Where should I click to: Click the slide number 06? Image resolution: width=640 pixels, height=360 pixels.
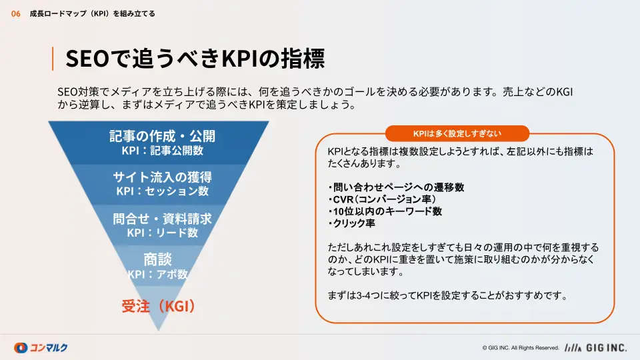pyautogui.click(x=15, y=14)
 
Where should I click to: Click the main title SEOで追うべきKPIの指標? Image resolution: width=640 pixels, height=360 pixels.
pyautogui.click(x=195, y=59)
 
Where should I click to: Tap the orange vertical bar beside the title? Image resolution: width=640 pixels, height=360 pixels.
pyautogui.click(x=53, y=59)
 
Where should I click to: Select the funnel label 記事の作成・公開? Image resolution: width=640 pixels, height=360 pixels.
pyautogui.click(x=162, y=136)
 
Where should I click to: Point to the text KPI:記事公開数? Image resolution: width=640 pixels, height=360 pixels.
pyautogui.click(x=163, y=151)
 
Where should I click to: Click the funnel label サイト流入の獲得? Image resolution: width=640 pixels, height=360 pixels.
pyautogui.click(x=163, y=177)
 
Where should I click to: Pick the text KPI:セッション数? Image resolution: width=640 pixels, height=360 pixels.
pyautogui.click(x=163, y=191)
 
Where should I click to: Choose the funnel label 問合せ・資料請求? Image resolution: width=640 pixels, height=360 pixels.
pyautogui.click(x=163, y=219)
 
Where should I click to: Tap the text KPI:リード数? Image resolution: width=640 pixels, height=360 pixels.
pyautogui.click(x=163, y=233)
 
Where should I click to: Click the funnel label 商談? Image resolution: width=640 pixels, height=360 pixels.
pyautogui.click(x=157, y=259)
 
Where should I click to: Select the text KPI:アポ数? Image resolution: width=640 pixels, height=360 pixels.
pyautogui.click(x=157, y=274)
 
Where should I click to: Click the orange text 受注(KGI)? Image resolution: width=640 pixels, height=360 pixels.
pyautogui.click(x=159, y=306)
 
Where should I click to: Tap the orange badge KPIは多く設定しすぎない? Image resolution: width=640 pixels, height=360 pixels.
pyautogui.click(x=457, y=133)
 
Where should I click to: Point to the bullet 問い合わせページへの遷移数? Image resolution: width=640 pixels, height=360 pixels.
pyautogui.click(x=396, y=187)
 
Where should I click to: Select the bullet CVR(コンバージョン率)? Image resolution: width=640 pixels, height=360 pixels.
pyautogui.click(x=382, y=199)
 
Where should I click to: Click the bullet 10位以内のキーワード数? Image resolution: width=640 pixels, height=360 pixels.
pyautogui.click(x=385, y=211)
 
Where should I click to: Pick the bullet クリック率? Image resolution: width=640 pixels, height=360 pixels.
pyautogui.click(x=351, y=223)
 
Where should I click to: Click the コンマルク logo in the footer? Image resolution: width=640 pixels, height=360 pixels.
pyautogui.click(x=41, y=348)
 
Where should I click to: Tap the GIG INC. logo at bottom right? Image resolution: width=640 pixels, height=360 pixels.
pyautogui.click(x=595, y=348)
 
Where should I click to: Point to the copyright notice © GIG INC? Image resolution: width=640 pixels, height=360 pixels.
pyautogui.click(x=521, y=348)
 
